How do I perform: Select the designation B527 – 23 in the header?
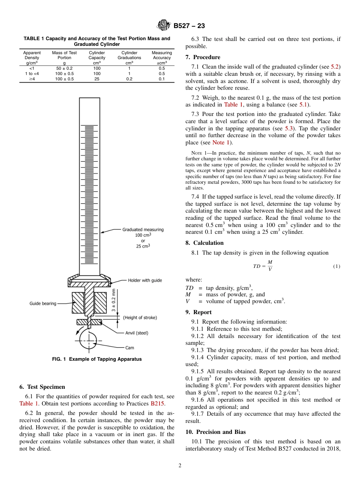[x=189, y=26]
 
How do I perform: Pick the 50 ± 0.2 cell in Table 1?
[x=64, y=68]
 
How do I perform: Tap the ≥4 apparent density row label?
[x=32, y=79]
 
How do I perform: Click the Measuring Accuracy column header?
[x=162, y=55]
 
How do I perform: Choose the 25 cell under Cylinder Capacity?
[x=97, y=79]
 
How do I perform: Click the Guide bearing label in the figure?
[x=43, y=304]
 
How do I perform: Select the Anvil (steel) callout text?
[x=137, y=333]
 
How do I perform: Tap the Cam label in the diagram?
[x=130, y=347]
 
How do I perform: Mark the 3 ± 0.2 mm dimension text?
[x=114, y=300]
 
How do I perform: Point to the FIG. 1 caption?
[x=97, y=359]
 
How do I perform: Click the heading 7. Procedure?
[x=203, y=57]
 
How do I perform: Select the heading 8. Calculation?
[x=205, y=243]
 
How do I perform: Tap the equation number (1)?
[x=337, y=266]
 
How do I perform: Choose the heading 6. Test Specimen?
[x=42, y=387]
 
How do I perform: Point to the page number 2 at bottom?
[x=180, y=466]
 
